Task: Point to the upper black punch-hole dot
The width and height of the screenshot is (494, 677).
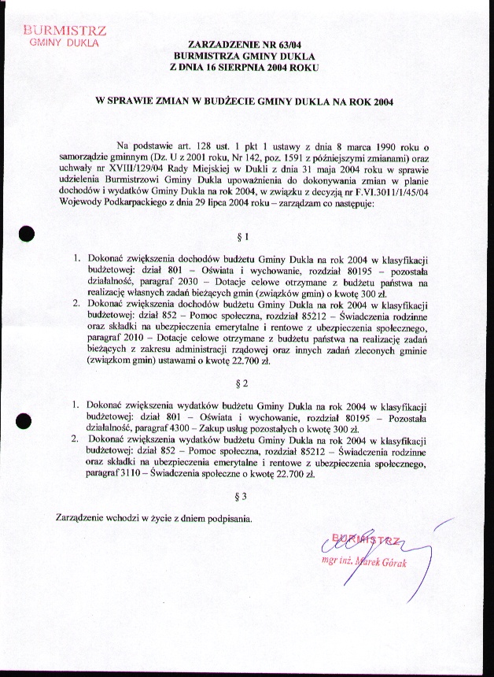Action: (28, 233)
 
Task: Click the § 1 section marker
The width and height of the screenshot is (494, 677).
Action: (242, 236)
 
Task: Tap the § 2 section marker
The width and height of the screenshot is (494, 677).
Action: (242, 383)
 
